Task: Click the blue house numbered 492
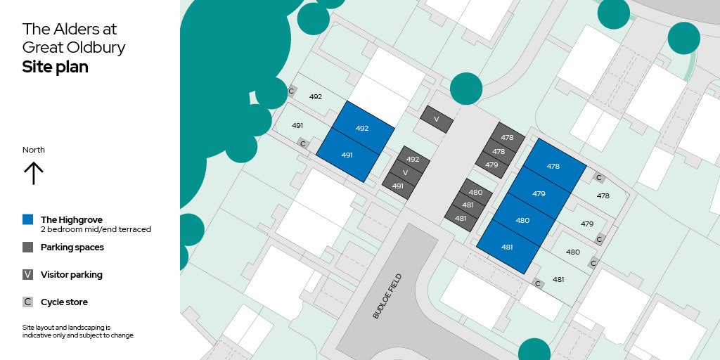click(x=362, y=128)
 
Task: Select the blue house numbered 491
click(x=347, y=155)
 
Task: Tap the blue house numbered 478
click(x=553, y=166)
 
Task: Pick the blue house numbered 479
click(x=539, y=193)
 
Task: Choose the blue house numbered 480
click(x=522, y=220)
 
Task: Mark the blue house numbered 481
click(x=507, y=247)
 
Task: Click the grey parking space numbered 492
click(x=413, y=159)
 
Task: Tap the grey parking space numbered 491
click(x=398, y=186)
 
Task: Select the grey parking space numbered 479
click(x=491, y=165)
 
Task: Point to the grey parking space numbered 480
click(x=475, y=192)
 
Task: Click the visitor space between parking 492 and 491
click(x=405, y=172)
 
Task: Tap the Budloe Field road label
click(x=386, y=297)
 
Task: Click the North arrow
click(x=34, y=172)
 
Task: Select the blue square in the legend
click(x=27, y=219)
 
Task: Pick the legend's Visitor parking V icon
click(x=27, y=274)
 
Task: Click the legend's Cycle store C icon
click(x=27, y=302)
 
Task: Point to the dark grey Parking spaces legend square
click(x=27, y=247)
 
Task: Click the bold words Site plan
click(x=55, y=67)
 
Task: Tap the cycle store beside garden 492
click(x=292, y=91)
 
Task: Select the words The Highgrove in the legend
click(x=71, y=219)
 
